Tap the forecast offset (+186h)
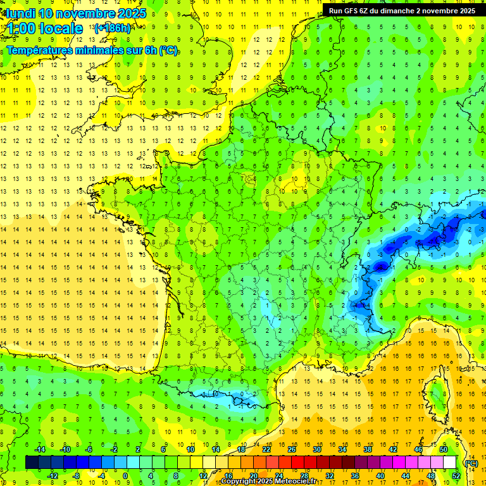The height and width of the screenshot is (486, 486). (112, 28)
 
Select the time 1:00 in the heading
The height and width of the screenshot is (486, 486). (21, 28)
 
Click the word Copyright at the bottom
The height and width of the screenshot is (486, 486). (240, 482)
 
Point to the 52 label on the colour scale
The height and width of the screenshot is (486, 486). (456, 475)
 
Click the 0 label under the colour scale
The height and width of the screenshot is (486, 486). (125, 475)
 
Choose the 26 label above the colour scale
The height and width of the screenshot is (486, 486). (292, 449)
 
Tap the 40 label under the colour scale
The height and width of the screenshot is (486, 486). (380, 475)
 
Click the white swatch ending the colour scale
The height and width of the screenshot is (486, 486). (449, 463)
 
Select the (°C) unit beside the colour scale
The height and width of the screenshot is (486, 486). (471, 463)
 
